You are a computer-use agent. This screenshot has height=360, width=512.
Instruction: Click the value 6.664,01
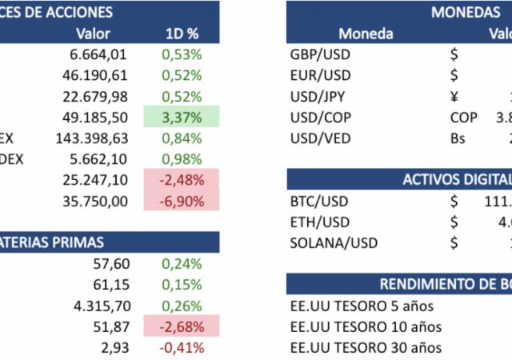click(x=99, y=55)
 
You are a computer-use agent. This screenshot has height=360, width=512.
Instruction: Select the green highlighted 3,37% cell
click(x=181, y=118)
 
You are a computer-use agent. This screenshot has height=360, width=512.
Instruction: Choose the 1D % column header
click(x=182, y=34)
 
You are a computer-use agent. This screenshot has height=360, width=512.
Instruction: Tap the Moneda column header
click(x=366, y=34)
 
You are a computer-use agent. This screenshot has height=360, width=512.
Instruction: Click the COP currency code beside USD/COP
click(x=463, y=118)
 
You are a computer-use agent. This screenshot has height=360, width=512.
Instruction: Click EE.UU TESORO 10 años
click(x=366, y=326)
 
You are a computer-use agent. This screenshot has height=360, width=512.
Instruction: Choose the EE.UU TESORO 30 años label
click(x=366, y=347)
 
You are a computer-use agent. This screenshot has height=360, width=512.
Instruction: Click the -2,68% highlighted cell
click(x=181, y=326)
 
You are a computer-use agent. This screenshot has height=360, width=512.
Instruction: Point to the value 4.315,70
click(x=99, y=306)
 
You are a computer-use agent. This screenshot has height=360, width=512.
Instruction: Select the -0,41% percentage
click(x=181, y=347)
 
